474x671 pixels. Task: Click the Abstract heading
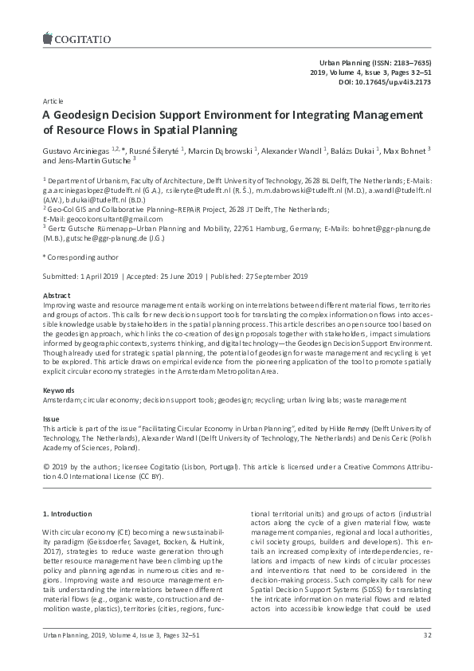[56, 295]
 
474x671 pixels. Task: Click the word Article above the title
[53, 103]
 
